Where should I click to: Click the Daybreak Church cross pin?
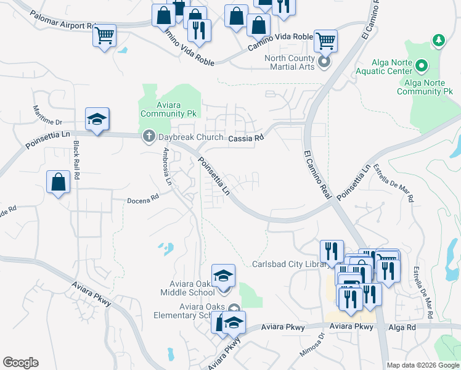point(149,136)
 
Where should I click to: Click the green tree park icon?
point(438,40)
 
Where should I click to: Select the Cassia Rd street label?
point(246,139)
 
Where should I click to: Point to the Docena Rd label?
point(143,199)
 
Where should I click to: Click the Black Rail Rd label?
point(77,160)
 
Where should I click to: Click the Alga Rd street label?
point(403,327)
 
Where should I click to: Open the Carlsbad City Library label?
point(288,264)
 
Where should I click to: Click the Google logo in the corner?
point(20,363)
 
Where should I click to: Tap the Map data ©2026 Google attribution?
point(423,365)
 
